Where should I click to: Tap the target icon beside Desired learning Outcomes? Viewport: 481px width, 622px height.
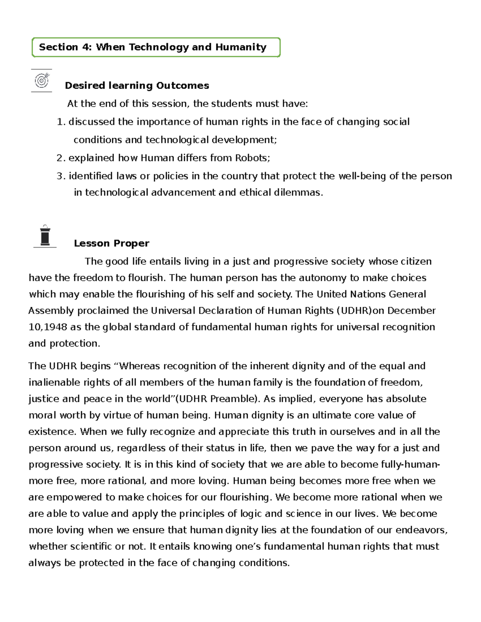click(x=42, y=81)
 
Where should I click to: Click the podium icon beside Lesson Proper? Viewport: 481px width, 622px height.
click(x=45, y=236)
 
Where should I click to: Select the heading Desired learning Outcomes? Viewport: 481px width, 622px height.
click(x=137, y=86)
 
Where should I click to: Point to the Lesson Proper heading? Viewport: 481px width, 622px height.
click(x=111, y=244)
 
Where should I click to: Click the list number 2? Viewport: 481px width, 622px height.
click(x=60, y=158)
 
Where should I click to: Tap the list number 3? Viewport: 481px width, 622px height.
click(x=60, y=176)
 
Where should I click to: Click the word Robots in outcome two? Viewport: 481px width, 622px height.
click(x=251, y=158)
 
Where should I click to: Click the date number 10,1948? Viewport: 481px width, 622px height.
click(x=48, y=327)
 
